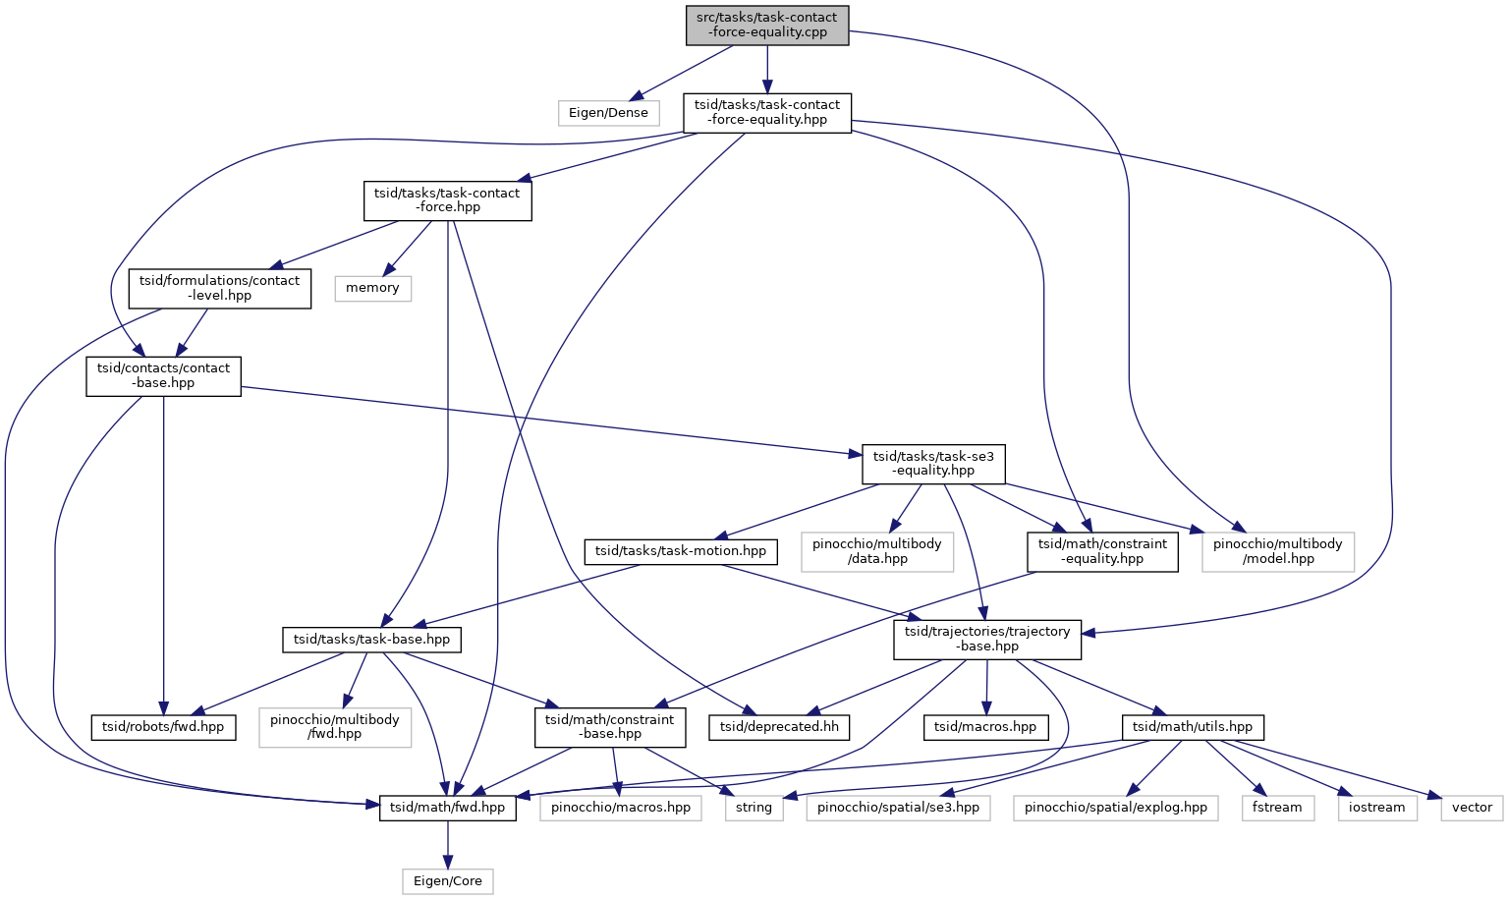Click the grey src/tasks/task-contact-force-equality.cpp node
click(x=767, y=26)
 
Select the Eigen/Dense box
click(x=608, y=113)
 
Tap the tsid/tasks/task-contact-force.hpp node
click(x=448, y=200)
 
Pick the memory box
click(x=373, y=288)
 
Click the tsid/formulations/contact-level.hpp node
click(x=220, y=289)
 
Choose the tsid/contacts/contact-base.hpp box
click(x=164, y=376)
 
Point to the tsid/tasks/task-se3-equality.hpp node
click(x=933, y=464)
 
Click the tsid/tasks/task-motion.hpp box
click(x=681, y=552)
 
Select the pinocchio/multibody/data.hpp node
click(x=877, y=552)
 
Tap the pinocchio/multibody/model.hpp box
click(x=1278, y=552)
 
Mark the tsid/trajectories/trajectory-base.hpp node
click(x=987, y=640)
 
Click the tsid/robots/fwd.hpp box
click(x=164, y=727)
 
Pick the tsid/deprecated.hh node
click(x=779, y=727)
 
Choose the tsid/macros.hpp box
click(x=986, y=727)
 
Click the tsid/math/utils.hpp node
click(x=1193, y=727)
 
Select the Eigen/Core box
click(x=448, y=882)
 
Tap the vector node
click(x=1473, y=808)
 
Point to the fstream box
click(x=1278, y=808)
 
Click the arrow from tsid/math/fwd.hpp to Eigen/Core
click(x=448, y=845)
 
